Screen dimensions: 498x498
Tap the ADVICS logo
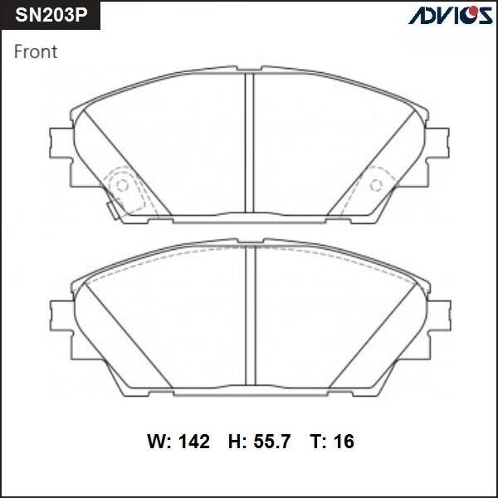[x=449, y=16]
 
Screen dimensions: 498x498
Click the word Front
[x=36, y=52]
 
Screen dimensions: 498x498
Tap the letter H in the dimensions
[x=234, y=442]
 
